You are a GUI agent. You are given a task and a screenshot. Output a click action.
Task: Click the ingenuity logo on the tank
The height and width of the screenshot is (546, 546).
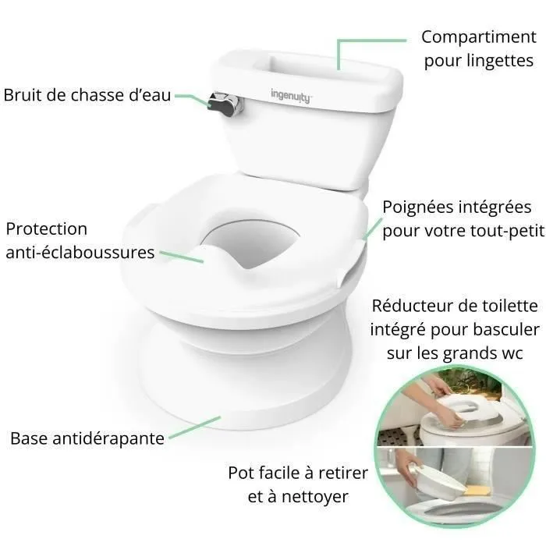click(x=290, y=95)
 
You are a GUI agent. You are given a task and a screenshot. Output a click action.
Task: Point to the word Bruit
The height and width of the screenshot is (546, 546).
click(x=23, y=95)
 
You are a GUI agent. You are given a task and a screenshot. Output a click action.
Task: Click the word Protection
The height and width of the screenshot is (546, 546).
click(x=47, y=229)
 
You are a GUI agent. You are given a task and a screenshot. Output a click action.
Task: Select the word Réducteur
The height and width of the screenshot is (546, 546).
click(x=409, y=304)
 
